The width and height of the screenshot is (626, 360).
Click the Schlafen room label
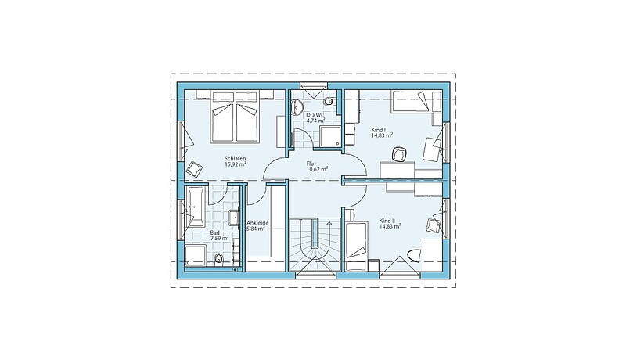236,158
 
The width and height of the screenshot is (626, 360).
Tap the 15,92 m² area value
236,164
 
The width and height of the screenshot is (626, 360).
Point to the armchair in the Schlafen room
194,169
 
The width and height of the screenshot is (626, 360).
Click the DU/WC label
315,115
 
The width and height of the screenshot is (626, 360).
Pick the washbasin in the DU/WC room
298,106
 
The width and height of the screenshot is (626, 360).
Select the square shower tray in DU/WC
330,137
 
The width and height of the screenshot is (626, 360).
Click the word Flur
311,164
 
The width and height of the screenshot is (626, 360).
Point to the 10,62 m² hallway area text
317,169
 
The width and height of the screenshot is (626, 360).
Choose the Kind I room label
379,130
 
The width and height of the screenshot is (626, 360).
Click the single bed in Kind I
416,101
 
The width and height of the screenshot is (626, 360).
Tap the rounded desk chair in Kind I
400,154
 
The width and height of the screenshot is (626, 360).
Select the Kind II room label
387,221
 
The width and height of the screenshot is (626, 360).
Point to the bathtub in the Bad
195,207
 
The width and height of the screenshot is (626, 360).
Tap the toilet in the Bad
219,260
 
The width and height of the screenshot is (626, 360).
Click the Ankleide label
257,223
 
